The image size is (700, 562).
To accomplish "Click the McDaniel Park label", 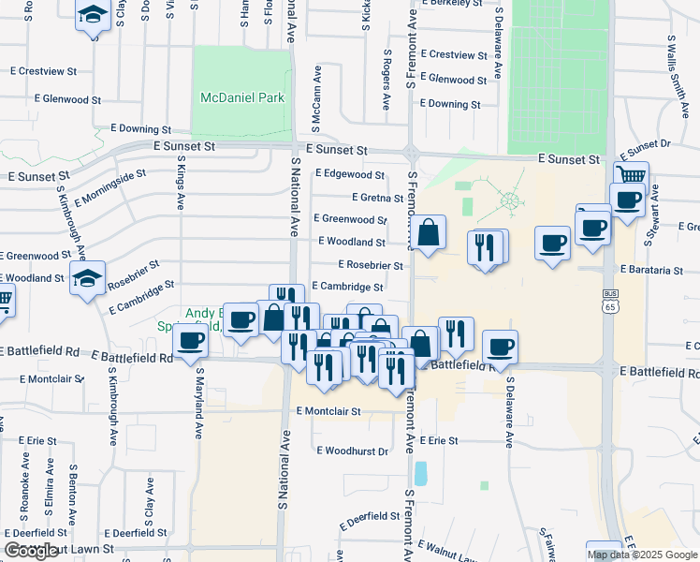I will click(241, 97).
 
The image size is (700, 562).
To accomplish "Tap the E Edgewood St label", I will click(350, 174).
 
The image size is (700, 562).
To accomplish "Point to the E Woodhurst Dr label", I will click(352, 451).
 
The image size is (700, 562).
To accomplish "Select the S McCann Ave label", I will click(318, 97).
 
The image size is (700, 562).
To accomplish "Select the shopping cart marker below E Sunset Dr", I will click(633, 176).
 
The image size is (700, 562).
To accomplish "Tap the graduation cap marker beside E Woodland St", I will click(88, 280).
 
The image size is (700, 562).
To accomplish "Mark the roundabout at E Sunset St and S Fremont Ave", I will click(411, 153).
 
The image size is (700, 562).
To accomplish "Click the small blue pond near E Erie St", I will click(420, 472).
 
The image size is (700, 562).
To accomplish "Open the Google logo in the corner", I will click(32, 551).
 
